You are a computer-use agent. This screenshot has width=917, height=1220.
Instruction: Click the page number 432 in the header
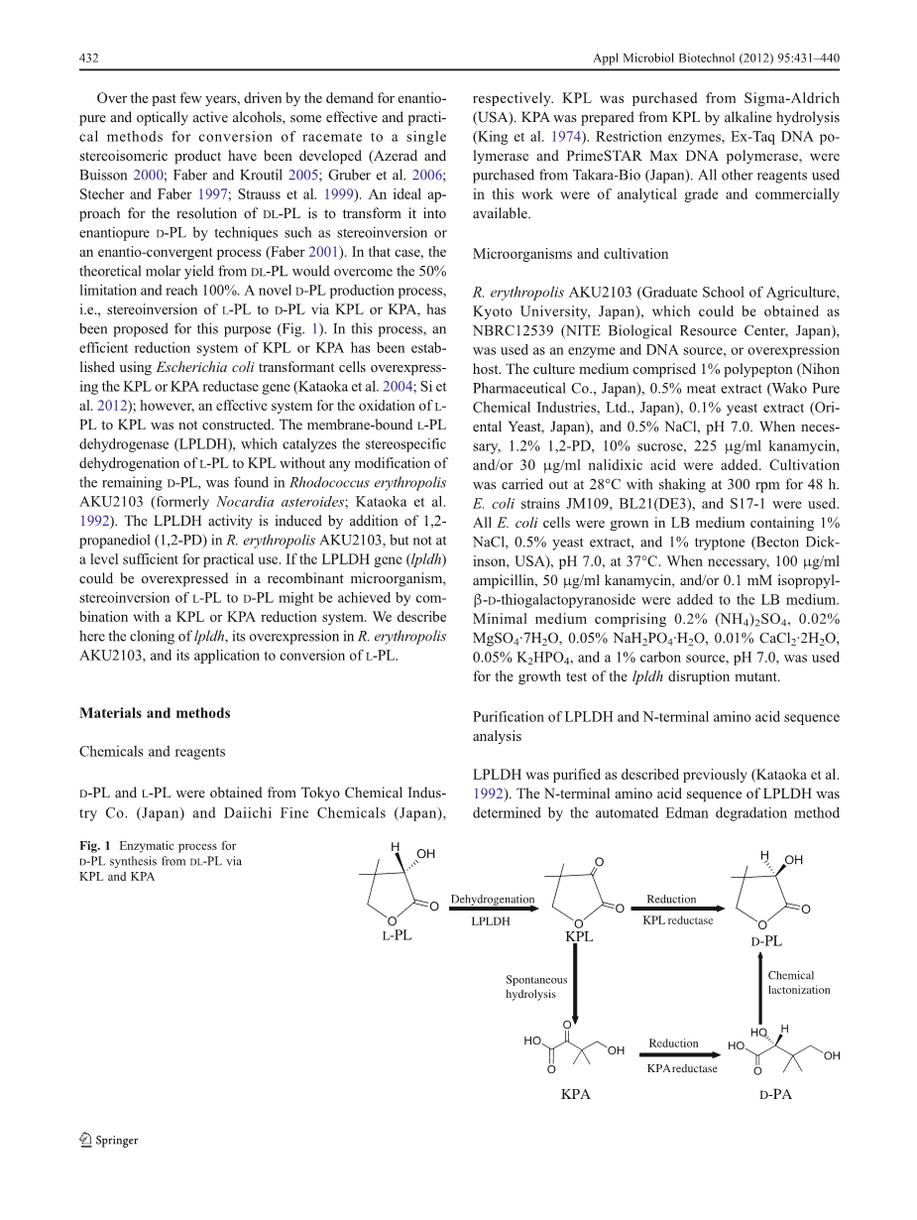tap(88, 59)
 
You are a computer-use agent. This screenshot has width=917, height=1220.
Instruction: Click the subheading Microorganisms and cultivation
tap(570, 254)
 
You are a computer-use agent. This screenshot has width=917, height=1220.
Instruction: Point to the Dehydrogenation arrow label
tap(492, 900)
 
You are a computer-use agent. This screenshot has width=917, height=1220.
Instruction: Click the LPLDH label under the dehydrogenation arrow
tap(491, 921)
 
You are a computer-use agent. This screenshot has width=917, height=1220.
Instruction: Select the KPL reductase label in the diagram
tap(677, 920)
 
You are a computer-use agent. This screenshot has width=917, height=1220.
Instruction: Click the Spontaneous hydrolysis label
tap(536, 987)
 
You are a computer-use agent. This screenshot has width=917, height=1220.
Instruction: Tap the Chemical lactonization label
tap(798, 983)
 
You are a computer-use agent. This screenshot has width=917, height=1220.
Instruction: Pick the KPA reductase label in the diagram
tap(682, 1068)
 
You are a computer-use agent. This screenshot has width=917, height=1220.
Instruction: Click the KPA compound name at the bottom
tap(576, 1095)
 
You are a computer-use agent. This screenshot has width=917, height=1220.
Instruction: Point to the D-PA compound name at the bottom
tap(775, 1095)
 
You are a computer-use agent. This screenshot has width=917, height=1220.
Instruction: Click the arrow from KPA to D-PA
tap(681, 1055)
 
